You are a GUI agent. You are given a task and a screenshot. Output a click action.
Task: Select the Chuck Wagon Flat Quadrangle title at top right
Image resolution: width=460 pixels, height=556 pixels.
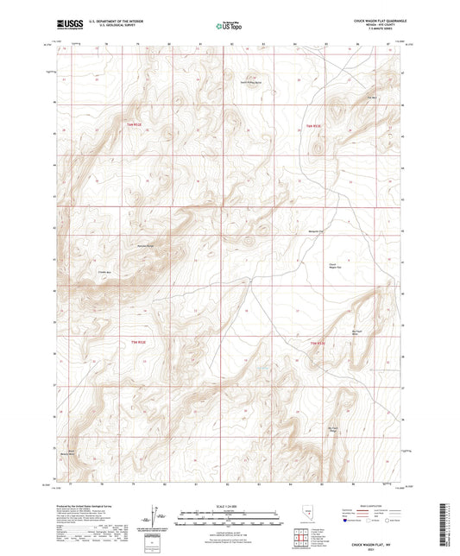pyautogui.click(x=376, y=18)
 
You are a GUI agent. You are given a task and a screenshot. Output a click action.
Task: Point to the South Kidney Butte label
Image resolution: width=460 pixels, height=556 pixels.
pyautogui.click(x=250, y=84)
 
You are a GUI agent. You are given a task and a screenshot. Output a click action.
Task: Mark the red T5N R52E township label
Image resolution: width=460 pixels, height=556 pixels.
pyautogui.click(x=317, y=342)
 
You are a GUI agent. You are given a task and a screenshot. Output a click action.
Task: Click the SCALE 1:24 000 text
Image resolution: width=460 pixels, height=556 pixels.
pyautogui.click(x=230, y=506)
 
